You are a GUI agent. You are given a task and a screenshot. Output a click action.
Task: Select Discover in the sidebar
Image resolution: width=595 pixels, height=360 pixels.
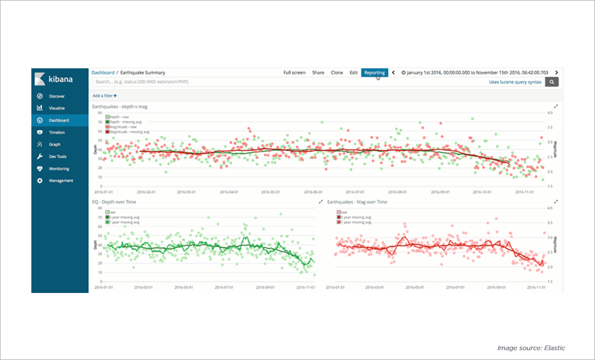57,96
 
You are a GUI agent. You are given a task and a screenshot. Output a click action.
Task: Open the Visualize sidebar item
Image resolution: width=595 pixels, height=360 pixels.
57,108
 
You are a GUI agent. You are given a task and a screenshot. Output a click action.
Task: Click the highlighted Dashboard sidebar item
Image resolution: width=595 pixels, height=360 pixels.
59,120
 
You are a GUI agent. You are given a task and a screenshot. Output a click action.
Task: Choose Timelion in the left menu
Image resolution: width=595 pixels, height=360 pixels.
57,132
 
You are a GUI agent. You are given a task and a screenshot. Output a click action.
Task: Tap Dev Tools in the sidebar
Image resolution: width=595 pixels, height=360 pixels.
58,157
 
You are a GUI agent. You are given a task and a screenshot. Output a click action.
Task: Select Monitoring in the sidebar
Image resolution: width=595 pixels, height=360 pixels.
59,169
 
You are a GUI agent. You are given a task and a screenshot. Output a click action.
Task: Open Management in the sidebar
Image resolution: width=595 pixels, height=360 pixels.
61,181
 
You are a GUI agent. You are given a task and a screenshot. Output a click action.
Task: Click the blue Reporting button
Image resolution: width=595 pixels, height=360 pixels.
374,73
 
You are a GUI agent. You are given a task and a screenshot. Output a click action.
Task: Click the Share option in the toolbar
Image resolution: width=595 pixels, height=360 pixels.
318,73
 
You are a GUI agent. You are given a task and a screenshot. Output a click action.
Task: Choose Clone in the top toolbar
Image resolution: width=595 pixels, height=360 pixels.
336,73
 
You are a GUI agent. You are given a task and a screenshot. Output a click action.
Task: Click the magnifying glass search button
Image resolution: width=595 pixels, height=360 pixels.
552,83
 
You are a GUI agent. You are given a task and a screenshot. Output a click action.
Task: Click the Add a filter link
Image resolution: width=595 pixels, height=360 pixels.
105,95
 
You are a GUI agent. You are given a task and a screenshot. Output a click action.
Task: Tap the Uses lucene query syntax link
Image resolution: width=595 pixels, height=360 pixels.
515,83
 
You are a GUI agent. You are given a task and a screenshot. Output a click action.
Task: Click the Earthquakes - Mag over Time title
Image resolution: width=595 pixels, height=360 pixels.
357,202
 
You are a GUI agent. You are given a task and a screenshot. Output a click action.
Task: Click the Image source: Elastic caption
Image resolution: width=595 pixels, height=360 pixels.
531,348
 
